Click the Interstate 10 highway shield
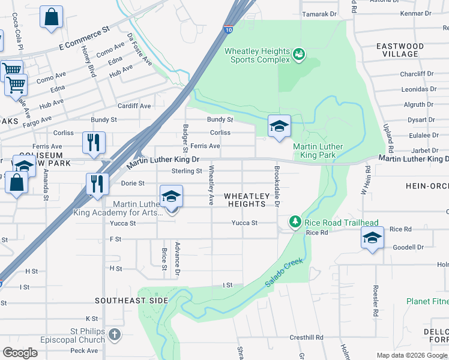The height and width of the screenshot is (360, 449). pos(229,29)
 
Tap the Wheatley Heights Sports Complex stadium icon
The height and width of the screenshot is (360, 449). pos(298,56)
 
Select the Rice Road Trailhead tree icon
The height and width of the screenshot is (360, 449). pos(295,223)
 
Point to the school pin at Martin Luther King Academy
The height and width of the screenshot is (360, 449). pos(171,197)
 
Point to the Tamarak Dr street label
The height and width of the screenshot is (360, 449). pos(319,14)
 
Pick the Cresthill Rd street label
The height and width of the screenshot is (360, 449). pos(307,338)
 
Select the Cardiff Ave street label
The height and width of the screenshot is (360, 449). pos(134,106)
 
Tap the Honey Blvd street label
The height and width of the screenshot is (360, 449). pos(88,62)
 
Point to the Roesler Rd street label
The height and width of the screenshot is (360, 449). pos(375,300)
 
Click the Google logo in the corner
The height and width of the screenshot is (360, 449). pos(20,353)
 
